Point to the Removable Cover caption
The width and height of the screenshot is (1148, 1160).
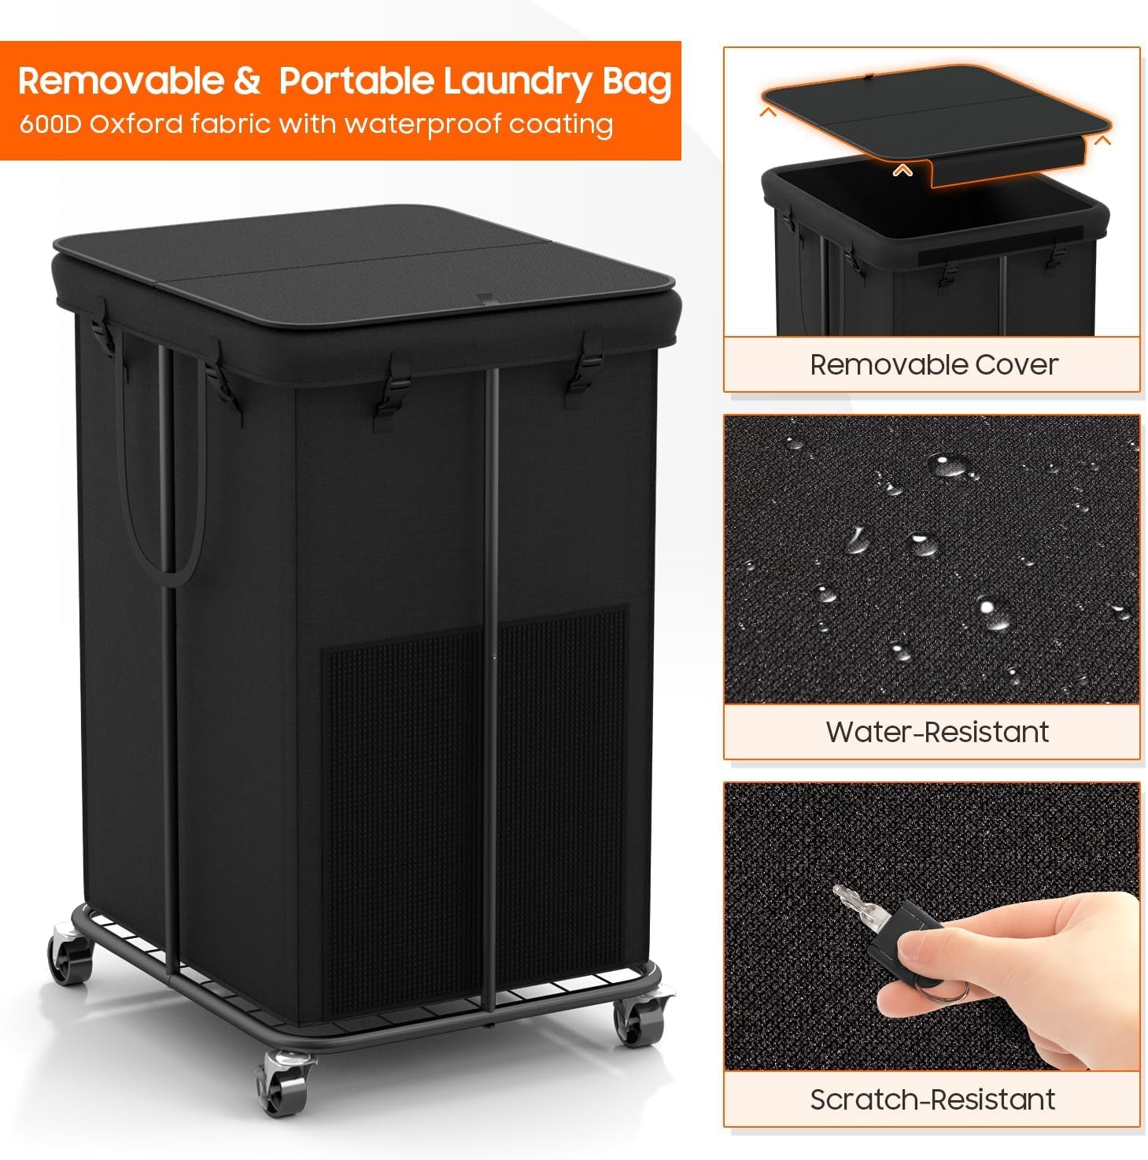pyautogui.click(x=933, y=364)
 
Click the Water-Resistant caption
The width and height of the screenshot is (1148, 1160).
pyautogui.click(x=936, y=732)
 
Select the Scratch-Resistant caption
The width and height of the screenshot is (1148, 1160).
pyautogui.click(x=932, y=1099)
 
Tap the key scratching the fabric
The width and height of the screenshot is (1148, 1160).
pyautogui.click(x=862, y=905)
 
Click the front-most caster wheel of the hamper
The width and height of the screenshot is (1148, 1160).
pyautogui.click(x=279, y=1082)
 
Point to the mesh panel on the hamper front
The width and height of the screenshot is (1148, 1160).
pyautogui.click(x=409, y=787)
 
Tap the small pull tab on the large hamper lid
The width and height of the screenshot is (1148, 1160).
pyautogui.click(x=485, y=299)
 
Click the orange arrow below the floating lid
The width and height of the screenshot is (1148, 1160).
pyautogui.click(x=903, y=169)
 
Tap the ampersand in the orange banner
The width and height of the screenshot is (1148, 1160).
pyautogui.click(x=247, y=82)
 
